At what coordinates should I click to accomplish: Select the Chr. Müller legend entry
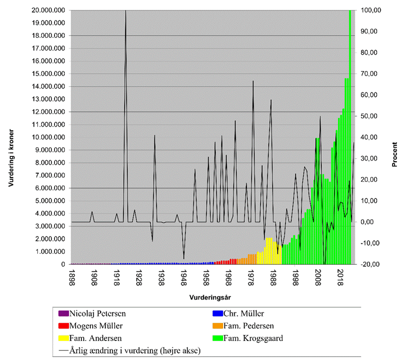pyautogui.click(x=237, y=314)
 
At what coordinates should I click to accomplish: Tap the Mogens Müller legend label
pyautogui.click(x=98, y=326)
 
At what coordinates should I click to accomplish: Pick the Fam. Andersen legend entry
pyautogui.click(x=96, y=338)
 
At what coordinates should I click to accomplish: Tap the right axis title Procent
pyautogui.click(x=395, y=155)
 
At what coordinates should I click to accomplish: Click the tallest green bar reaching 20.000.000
pyautogui.click(x=350, y=139)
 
